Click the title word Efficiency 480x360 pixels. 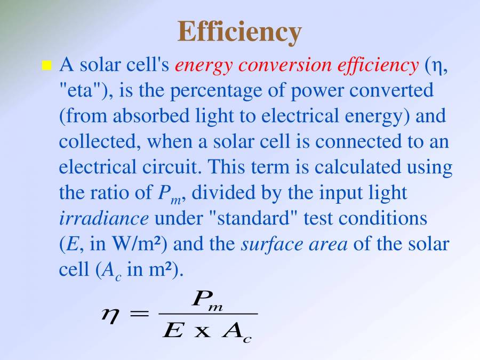point(239,31)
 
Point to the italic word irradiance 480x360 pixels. point(103,218)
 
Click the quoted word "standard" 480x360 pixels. point(257,218)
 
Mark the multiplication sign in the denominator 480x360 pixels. point(202,332)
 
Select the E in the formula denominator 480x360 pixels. point(173,331)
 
